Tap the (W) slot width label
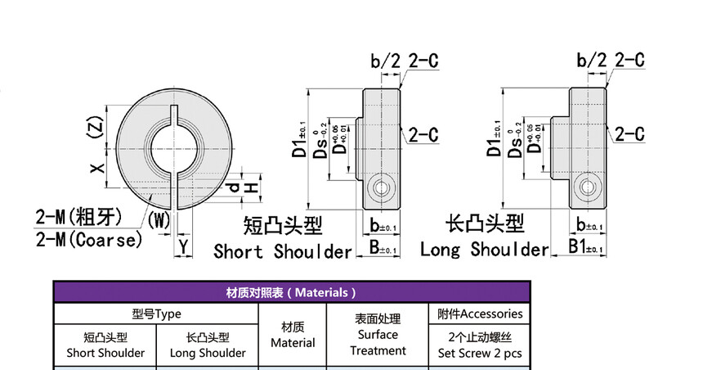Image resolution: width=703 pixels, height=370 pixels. click(159, 219)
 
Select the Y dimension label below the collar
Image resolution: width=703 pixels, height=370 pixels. click(184, 245)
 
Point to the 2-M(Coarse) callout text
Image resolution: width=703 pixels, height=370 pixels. click(89, 239)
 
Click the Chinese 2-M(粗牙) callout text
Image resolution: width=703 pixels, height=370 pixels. click(78, 217)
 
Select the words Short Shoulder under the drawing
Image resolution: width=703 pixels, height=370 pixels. click(283, 250)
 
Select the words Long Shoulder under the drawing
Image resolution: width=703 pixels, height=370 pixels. click(484, 249)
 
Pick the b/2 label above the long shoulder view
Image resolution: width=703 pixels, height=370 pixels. click(593, 60)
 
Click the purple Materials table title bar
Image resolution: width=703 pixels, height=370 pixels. click(292, 292)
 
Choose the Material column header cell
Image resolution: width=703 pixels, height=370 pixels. click(293, 335)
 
